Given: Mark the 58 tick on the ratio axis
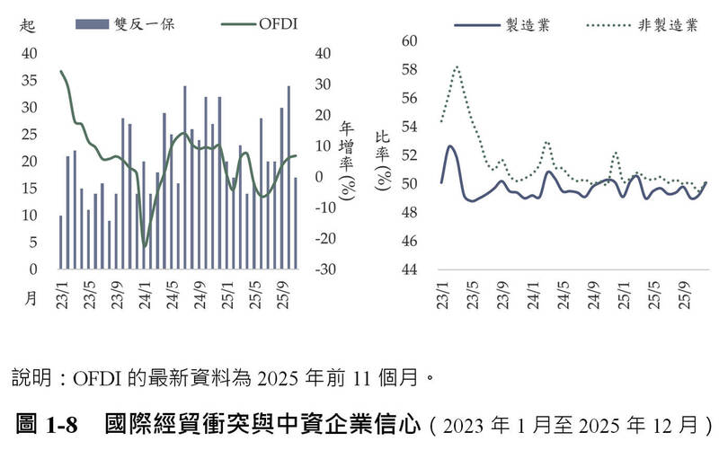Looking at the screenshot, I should pos(410,69).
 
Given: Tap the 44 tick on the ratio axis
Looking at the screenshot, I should pos(410,269).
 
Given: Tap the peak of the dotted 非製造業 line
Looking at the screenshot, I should pos(457,66).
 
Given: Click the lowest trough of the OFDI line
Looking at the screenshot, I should pos(145,244).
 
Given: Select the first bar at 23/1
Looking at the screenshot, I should pos(61,242).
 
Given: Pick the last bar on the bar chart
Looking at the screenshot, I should pos(296,223).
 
